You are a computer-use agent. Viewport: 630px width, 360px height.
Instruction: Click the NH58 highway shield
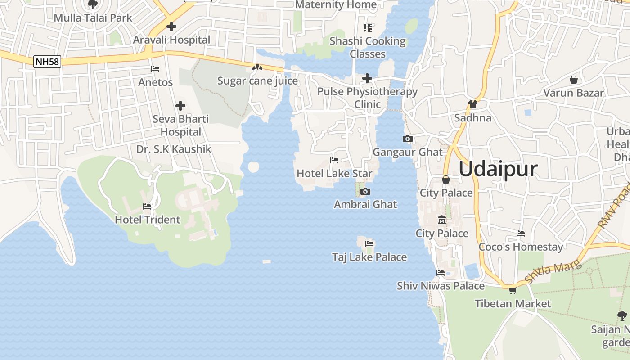click(x=47, y=62)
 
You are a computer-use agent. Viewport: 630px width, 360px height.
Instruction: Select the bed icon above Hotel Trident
click(x=147, y=207)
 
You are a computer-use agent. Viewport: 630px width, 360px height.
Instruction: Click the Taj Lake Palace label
click(x=369, y=257)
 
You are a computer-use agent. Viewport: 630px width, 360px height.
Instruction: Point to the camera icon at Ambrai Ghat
click(x=365, y=192)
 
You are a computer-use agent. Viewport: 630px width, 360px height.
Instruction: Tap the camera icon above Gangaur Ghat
click(x=408, y=139)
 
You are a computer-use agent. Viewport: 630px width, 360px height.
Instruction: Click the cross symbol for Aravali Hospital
click(x=171, y=27)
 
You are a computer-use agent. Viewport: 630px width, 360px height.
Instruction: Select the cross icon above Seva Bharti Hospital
click(x=180, y=106)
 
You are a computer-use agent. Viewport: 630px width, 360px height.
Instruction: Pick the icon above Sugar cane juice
click(x=257, y=67)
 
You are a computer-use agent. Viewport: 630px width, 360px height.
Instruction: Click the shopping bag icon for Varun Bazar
click(x=574, y=80)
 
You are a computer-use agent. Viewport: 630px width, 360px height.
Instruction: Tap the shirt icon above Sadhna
click(x=472, y=104)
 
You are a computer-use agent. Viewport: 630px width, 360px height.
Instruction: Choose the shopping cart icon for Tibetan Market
click(x=513, y=290)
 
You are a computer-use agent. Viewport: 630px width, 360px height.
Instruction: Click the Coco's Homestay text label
click(x=521, y=247)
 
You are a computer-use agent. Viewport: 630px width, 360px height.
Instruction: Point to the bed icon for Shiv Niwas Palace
click(x=441, y=273)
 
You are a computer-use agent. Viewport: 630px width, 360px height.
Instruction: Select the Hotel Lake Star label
click(x=334, y=173)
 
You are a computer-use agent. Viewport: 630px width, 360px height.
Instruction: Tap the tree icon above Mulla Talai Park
click(x=93, y=5)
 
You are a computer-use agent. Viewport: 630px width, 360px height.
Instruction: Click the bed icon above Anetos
click(x=155, y=69)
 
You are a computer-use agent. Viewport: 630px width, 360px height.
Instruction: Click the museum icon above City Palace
click(x=442, y=220)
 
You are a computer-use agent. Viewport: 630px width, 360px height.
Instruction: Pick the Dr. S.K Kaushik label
click(x=174, y=149)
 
